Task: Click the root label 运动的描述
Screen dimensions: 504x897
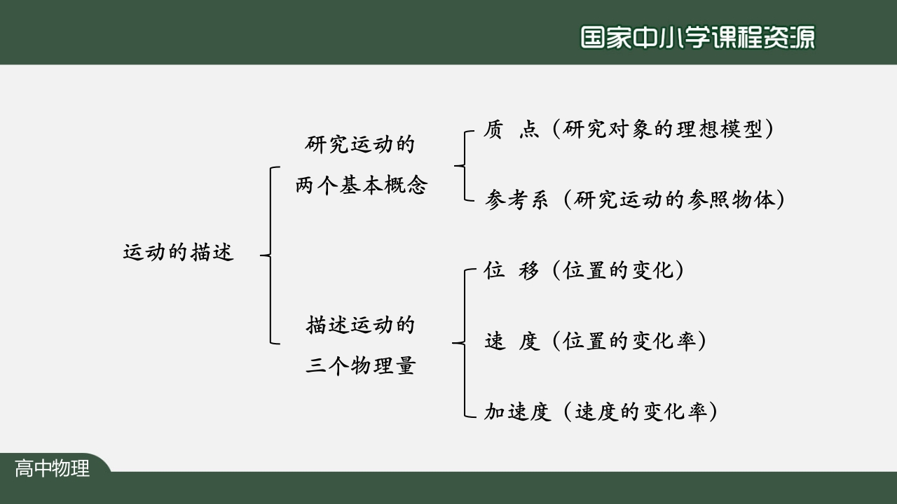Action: point(178,252)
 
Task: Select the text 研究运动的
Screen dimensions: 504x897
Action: point(360,144)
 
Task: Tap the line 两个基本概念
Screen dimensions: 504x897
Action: point(360,185)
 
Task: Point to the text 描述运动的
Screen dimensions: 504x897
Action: point(360,325)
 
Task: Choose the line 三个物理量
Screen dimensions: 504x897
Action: point(360,366)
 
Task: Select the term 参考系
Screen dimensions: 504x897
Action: point(516,200)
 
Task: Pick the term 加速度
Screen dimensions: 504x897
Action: point(516,412)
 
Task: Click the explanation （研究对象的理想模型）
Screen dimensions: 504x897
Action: point(662,129)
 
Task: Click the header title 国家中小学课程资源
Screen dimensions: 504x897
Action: point(698,38)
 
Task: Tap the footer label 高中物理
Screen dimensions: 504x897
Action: point(53,468)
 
